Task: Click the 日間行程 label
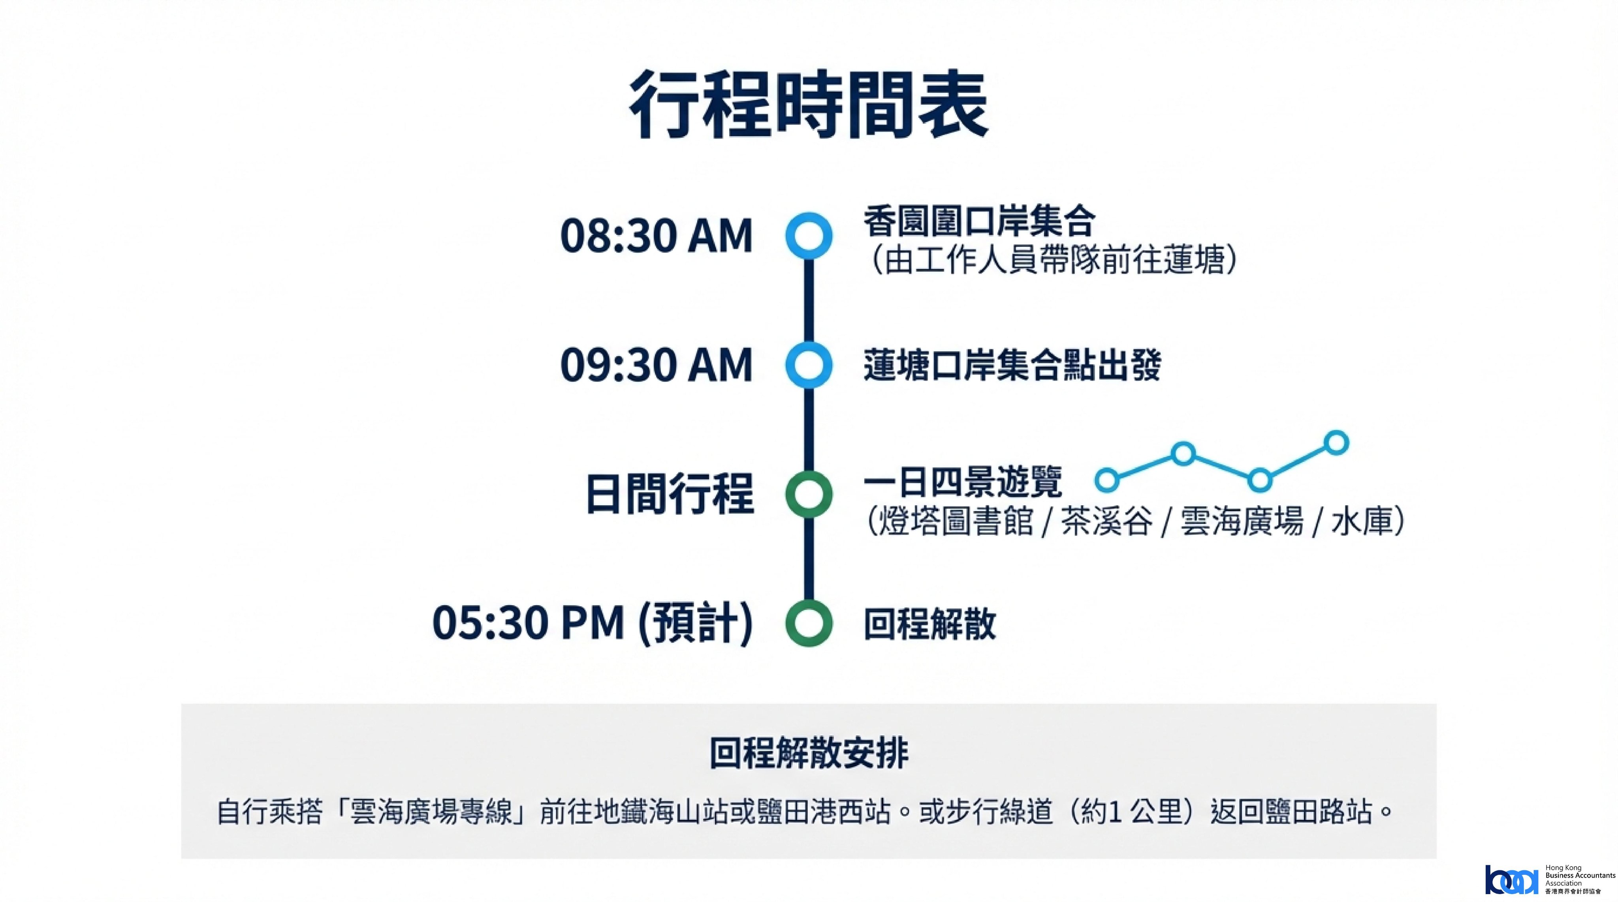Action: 670,494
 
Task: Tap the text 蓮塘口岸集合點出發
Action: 1012,365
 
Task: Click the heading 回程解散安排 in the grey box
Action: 809,753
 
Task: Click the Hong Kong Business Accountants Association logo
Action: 1550,880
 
